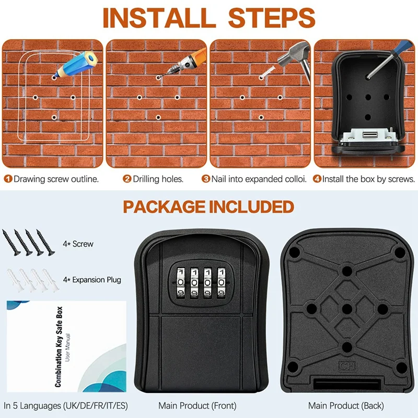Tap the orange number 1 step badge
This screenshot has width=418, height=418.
click(8, 179)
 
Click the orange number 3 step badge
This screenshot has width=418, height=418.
click(206, 179)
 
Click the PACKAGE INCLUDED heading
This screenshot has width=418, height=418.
click(208, 206)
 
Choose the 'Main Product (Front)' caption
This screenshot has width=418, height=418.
click(198, 405)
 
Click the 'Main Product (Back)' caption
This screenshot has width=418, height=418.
click(346, 405)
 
